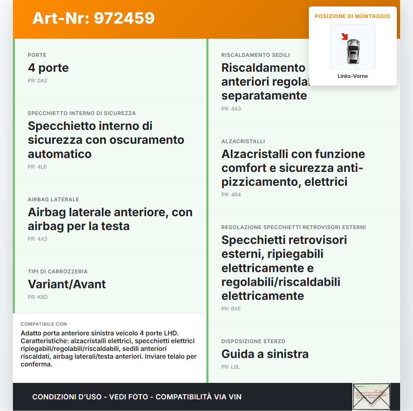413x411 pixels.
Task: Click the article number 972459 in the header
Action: click(x=93, y=18)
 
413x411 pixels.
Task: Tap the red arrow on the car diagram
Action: click(x=345, y=37)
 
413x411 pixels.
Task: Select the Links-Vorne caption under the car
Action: click(x=353, y=76)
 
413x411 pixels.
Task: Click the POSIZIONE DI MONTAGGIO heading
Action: click(x=353, y=16)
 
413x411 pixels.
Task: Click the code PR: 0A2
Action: click(x=37, y=81)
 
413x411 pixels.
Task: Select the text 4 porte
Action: click(x=48, y=68)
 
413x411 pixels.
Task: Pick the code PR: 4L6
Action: click(x=37, y=167)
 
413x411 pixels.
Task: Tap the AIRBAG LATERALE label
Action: click(x=53, y=200)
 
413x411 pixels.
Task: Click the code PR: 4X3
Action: click(x=37, y=239)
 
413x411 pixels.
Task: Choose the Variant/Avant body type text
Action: click(x=67, y=284)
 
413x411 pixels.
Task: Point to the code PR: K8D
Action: click(x=38, y=297)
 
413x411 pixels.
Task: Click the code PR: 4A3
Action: click(x=231, y=109)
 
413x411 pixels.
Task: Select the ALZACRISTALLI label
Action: click(x=243, y=142)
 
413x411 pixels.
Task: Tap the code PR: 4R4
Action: click(x=231, y=195)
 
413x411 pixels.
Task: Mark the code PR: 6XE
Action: click(x=231, y=309)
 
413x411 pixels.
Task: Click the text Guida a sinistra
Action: click(x=265, y=354)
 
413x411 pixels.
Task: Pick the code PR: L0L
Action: click(x=231, y=367)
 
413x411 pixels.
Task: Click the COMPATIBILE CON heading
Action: click(x=44, y=324)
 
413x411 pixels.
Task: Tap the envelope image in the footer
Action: click(x=371, y=397)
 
